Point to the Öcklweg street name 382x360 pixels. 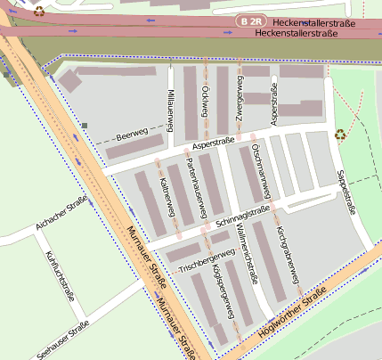(x=205, y=102)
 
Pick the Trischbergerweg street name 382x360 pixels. (x=207, y=259)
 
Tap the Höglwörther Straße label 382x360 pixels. (x=292, y=311)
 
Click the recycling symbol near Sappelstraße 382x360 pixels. (x=340, y=136)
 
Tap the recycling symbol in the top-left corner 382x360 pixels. (x=39, y=12)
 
